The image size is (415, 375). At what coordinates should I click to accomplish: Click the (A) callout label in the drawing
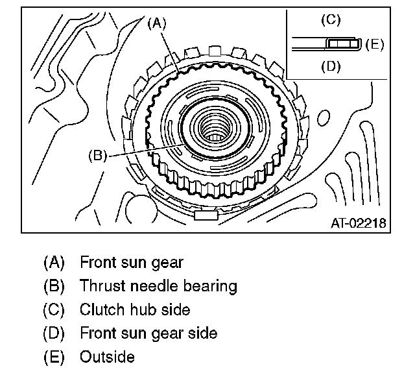click(157, 24)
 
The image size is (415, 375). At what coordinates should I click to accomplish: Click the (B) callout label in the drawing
click(97, 155)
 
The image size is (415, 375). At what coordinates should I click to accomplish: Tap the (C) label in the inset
click(331, 20)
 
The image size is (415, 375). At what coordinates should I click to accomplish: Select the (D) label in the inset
click(331, 66)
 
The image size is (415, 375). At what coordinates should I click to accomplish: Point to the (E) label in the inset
click(375, 44)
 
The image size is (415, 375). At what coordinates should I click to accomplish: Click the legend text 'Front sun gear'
click(132, 263)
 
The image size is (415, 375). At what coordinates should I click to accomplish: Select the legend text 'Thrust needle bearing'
click(158, 286)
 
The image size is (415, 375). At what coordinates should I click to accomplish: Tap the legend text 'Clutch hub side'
click(135, 309)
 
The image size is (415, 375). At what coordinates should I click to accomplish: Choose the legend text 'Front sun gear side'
click(148, 333)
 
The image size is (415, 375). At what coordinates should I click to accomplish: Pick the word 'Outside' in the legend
click(107, 357)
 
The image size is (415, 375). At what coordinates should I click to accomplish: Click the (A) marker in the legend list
click(54, 263)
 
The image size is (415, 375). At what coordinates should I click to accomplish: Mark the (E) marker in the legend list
click(54, 357)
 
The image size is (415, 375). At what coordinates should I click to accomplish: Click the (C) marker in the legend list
click(54, 309)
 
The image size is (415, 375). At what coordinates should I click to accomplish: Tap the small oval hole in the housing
click(324, 117)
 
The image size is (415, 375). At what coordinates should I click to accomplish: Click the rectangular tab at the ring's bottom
click(206, 215)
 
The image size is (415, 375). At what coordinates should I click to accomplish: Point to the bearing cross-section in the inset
click(343, 43)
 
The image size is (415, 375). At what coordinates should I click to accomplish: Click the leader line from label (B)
click(147, 151)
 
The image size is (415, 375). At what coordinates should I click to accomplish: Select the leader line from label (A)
click(170, 51)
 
